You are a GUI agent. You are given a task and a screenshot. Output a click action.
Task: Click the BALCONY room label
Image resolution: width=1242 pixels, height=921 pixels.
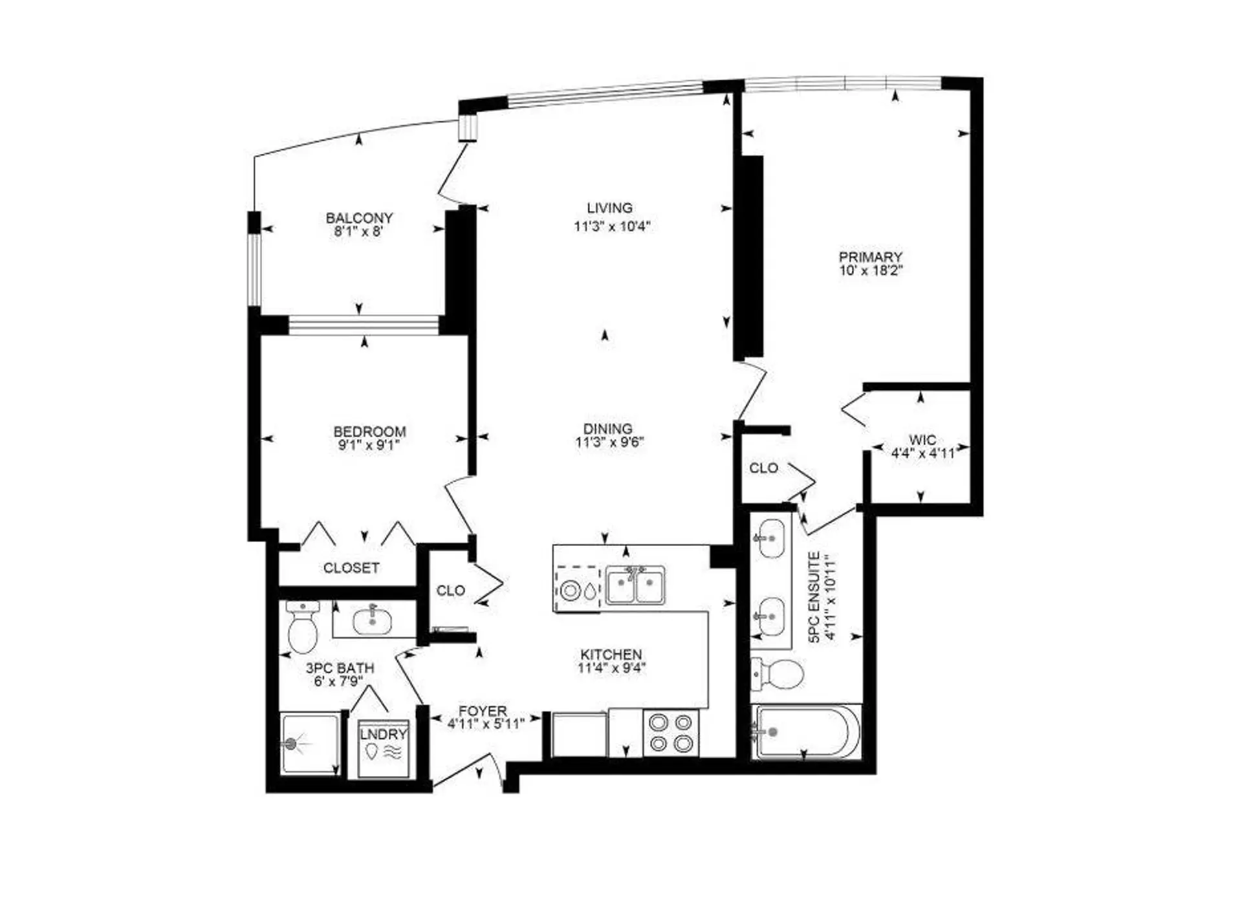point(359,218)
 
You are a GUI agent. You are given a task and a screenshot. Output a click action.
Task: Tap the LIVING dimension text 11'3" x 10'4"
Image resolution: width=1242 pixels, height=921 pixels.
point(611,227)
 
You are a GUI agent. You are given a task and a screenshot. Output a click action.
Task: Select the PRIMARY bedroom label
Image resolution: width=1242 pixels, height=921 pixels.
point(870,257)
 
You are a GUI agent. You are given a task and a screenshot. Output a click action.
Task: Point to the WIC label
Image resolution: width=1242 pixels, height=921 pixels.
point(922,440)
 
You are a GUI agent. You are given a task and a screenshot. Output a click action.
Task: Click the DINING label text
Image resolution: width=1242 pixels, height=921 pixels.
point(607,429)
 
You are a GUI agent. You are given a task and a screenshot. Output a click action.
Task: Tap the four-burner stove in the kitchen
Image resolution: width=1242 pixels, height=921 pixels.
point(671,733)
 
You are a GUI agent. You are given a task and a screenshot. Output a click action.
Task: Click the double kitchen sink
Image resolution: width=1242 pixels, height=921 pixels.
point(635,586)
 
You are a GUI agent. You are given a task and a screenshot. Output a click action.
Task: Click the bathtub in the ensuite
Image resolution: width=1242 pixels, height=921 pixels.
point(805,732)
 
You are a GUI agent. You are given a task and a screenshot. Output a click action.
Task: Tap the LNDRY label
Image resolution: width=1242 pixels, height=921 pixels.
point(384,734)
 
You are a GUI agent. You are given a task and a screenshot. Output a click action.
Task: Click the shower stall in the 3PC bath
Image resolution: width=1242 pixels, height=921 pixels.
point(309,744)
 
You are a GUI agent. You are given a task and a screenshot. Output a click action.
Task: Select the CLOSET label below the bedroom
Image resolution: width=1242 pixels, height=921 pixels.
point(351,568)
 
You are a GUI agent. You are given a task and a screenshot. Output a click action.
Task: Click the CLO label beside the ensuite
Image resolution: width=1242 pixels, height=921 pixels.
point(763,468)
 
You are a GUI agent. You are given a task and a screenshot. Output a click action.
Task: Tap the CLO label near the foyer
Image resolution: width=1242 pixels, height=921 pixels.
point(450,591)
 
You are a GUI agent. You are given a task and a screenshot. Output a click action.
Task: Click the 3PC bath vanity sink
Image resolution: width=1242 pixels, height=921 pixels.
point(373,621)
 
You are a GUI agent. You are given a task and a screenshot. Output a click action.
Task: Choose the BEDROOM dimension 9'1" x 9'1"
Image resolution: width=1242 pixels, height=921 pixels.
point(369,446)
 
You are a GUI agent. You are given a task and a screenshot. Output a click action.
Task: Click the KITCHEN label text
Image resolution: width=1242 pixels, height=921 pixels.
point(611,655)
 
